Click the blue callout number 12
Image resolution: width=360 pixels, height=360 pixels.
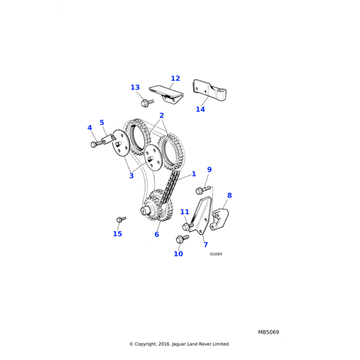click(x=175, y=79)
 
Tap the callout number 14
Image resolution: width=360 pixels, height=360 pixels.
click(x=200, y=109)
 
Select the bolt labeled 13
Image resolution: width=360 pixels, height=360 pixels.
click(x=147, y=103)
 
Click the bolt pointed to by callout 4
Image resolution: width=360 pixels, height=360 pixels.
click(x=97, y=144)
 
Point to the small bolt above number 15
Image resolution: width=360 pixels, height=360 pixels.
click(x=121, y=219)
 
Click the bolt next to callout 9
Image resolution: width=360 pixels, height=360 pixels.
click(x=203, y=190)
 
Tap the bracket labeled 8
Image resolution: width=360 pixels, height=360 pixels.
click(x=219, y=219)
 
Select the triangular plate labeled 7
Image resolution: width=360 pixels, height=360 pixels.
click(x=202, y=215)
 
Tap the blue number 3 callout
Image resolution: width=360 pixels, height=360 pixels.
click(x=131, y=176)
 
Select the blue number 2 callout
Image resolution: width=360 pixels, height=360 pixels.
click(x=161, y=115)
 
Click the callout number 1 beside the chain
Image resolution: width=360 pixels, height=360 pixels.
click(x=194, y=174)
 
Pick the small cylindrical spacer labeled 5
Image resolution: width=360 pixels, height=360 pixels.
click(x=109, y=139)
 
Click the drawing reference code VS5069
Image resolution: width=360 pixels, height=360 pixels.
click(x=216, y=254)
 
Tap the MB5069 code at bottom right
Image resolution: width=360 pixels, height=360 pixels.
click(x=268, y=332)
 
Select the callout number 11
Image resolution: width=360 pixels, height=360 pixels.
click(x=185, y=212)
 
